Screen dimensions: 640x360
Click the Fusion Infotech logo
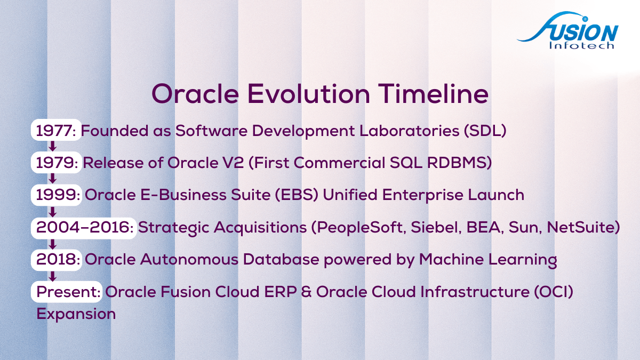pyautogui.click(x=567, y=30)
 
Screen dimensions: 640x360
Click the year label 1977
pyautogui.click(x=54, y=131)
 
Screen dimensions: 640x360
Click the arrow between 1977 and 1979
pyautogui.click(x=52, y=146)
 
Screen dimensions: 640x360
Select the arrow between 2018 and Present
pyautogui.click(x=52, y=276)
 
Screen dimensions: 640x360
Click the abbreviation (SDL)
pyautogui.click(x=485, y=131)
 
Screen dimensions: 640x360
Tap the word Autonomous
pyautogui.click(x=189, y=259)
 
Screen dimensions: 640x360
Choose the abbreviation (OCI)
pyautogui.click(x=554, y=292)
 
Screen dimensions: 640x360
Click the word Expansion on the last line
pyautogui.click(x=76, y=314)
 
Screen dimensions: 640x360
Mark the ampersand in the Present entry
pyautogui.click(x=306, y=292)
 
